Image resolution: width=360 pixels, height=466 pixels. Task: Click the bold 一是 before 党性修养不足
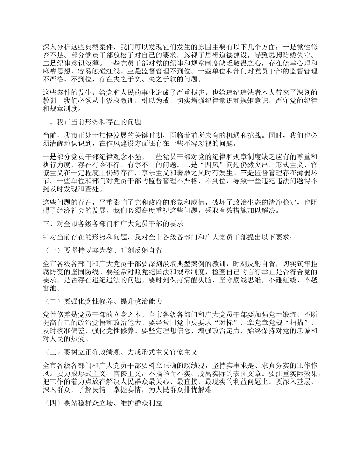[x=290, y=47]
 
